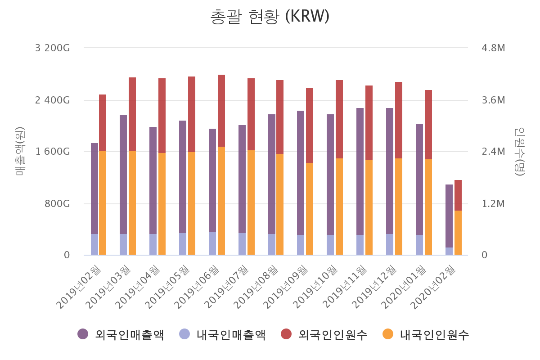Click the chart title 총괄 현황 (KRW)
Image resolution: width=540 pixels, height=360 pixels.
[x=270, y=17]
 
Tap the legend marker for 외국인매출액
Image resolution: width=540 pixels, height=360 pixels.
[x=83, y=334]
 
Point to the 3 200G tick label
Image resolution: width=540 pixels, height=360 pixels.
[x=53, y=48]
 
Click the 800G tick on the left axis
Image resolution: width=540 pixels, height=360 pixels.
[x=58, y=203]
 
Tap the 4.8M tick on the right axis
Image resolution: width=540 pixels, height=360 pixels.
[x=493, y=48]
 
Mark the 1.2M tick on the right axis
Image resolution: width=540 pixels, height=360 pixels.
[x=493, y=203]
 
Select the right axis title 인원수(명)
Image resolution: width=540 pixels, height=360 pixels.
[x=520, y=152]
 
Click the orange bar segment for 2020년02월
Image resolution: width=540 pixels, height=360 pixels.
[x=458, y=233]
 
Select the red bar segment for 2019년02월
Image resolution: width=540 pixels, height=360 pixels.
[x=103, y=123]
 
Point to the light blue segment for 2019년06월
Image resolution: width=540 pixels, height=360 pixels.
[x=212, y=243]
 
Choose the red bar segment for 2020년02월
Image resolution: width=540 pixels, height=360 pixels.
[x=458, y=195]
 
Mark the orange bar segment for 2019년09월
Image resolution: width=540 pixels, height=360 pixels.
[x=310, y=209]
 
